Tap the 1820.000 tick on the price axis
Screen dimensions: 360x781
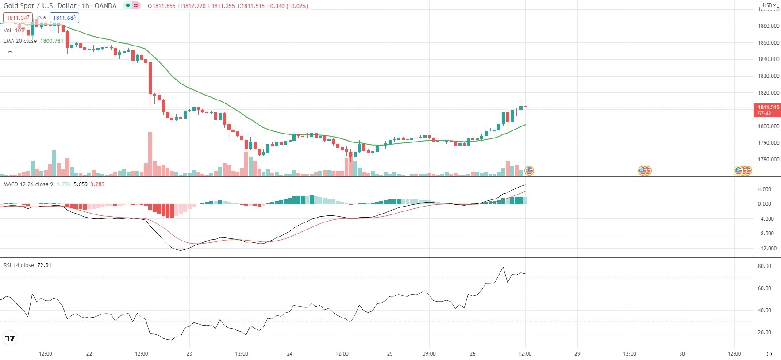click(x=768, y=93)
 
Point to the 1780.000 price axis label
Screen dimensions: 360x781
click(x=768, y=160)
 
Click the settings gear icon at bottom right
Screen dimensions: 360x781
click(x=769, y=354)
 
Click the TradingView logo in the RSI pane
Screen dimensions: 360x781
click(x=10, y=338)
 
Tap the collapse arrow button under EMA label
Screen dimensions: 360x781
click(x=10, y=52)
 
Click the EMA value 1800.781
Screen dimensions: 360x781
click(x=52, y=41)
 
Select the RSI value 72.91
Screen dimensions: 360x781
click(x=44, y=265)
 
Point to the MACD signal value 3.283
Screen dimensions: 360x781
click(x=97, y=184)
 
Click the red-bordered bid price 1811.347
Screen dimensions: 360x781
click(x=18, y=18)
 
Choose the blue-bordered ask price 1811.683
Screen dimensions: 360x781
click(x=64, y=18)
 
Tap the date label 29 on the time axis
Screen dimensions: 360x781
click(x=577, y=354)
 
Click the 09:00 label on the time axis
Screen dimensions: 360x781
click(x=429, y=354)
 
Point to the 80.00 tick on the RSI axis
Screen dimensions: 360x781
click(x=764, y=266)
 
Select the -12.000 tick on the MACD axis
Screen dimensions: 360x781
click(x=767, y=249)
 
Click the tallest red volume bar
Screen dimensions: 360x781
click(x=150, y=154)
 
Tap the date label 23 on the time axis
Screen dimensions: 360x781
click(x=189, y=354)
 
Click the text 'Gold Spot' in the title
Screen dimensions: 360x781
click(x=19, y=6)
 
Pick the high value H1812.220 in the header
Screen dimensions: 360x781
click(x=192, y=6)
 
